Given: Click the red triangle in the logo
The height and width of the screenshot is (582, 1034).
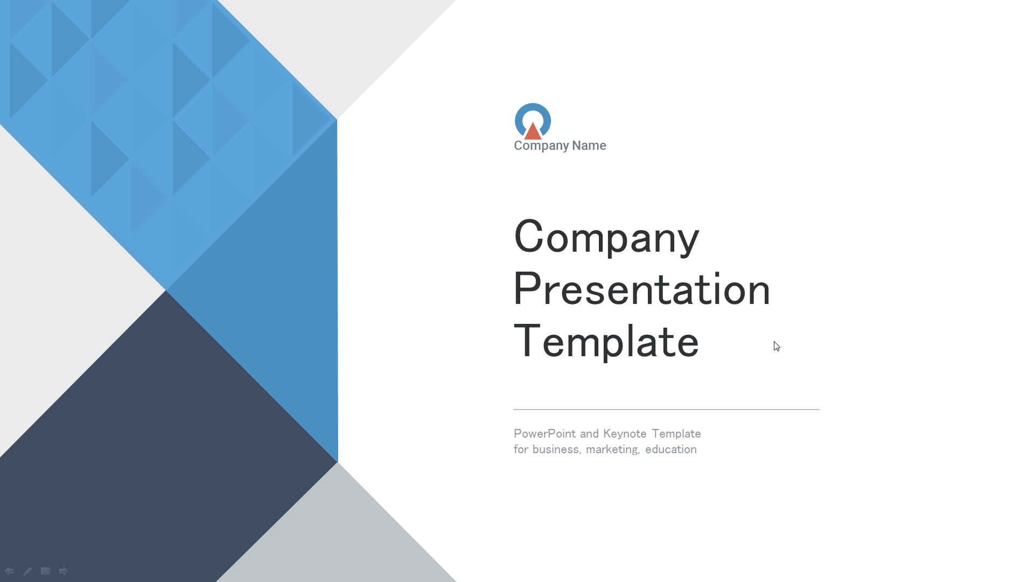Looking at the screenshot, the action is pyautogui.click(x=533, y=133).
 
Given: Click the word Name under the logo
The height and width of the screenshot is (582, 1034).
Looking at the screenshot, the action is pyautogui.click(x=589, y=145).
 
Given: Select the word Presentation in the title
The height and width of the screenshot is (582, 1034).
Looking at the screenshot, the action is pyautogui.click(x=642, y=289).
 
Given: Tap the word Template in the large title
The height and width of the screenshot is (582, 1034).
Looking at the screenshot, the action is pyautogui.click(x=606, y=341).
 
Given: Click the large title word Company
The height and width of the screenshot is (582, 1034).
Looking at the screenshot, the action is pyautogui.click(x=606, y=237).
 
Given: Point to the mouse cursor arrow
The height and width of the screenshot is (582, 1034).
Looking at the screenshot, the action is pyautogui.click(x=777, y=346).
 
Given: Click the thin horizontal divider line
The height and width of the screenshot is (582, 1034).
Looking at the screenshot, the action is pyautogui.click(x=666, y=410).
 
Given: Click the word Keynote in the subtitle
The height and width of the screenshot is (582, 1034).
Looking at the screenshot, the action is pyautogui.click(x=625, y=434).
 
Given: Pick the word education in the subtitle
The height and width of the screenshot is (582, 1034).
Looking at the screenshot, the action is pyautogui.click(x=671, y=449).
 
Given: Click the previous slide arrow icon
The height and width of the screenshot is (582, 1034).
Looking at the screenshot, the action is pyautogui.click(x=9, y=571).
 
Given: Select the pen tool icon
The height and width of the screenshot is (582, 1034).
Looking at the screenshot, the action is pyautogui.click(x=27, y=571).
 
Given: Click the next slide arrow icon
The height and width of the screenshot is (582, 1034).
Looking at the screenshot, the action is pyautogui.click(x=64, y=571).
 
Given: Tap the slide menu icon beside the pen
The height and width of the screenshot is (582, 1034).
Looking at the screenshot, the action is pyautogui.click(x=46, y=571).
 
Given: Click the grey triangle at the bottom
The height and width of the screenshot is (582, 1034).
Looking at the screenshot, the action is pyautogui.click(x=337, y=533).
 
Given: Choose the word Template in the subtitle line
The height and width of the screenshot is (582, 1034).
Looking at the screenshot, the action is pyautogui.click(x=676, y=434).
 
